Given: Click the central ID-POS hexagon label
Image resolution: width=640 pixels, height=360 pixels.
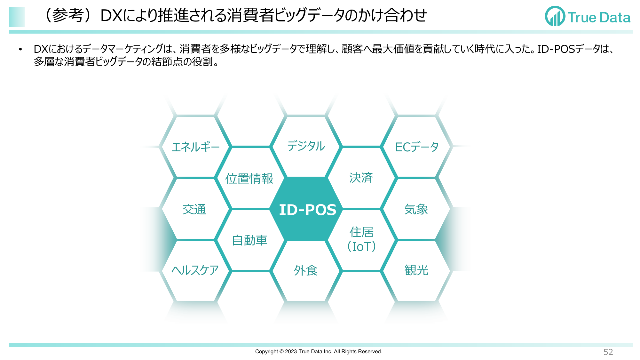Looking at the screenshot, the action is pos(307,210).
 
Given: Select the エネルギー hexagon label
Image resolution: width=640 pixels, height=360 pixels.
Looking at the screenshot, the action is pos(195,147).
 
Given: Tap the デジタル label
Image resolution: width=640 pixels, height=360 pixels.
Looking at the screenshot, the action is pos(306,146).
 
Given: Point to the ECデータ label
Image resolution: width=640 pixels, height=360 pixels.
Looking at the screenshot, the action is pos(417,147).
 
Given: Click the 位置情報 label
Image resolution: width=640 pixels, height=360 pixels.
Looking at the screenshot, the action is pos(249,179).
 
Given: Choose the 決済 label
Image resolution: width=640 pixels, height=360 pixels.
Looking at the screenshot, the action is pos(361,178).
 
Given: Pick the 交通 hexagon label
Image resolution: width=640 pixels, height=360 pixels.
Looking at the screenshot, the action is pos(194,210).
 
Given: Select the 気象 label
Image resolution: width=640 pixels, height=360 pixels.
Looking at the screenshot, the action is pos(416,210).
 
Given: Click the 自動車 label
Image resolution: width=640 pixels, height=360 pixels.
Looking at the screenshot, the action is pos(249,240).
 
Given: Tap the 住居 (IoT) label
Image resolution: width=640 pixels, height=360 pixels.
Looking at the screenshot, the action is pos(361,239).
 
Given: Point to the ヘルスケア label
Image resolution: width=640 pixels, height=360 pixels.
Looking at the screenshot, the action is pos(195,270).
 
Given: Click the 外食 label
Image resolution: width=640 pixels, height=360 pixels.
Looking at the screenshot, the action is pos(306,271).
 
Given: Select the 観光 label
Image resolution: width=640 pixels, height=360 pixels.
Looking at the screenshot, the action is pos(416,270).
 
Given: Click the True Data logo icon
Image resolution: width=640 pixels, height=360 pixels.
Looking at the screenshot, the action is pos(555,16).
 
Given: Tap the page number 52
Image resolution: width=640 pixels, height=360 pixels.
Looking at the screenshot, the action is pos(608,352).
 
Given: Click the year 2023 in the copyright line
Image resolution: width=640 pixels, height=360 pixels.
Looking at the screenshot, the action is pos(291,351).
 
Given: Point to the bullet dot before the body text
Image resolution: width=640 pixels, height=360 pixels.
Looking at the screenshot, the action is pos(20,49).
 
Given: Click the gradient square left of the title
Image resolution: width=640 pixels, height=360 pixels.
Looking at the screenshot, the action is pos(17,17).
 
